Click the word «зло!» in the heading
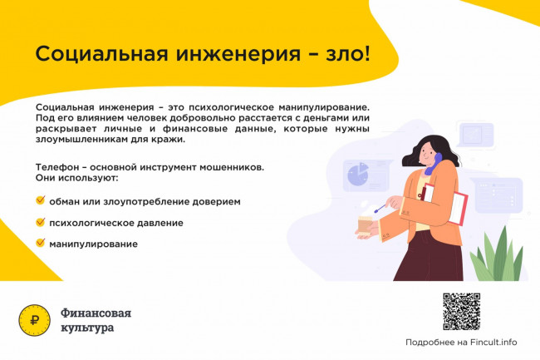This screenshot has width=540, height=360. pyautogui.click(x=348, y=53)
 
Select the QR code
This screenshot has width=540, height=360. pyautogui.click(x=461, y=312)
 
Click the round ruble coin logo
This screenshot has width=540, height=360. pyautogui.click(x=34, y=320)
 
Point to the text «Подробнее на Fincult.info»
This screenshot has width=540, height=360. pyautogui.click(x=461, y=343)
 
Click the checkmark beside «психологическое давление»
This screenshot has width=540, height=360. pyautogui.click(x=41, y=222)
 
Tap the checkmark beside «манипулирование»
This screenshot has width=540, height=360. pyautogui.click(x=41, y=243)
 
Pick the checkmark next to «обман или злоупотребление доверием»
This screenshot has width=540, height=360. pyautogui.click(x=41, y=200)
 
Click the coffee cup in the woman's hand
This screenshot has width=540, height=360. pyautogui.click(x=365, y=224)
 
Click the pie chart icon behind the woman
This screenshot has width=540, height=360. pyautogui.click(x=358, y=174)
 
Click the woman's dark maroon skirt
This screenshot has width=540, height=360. pyautogui.click(x=430, y=257)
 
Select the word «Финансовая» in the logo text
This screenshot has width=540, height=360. pyautogui.click(x=96, y=313)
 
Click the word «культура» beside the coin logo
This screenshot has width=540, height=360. pyautogui.click(x=87, y=328)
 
